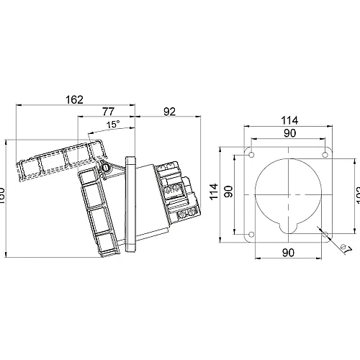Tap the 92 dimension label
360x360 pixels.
[x=170, y=111]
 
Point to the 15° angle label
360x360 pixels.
[x=113, y=125]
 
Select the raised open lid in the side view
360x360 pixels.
[x=61, y=160]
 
